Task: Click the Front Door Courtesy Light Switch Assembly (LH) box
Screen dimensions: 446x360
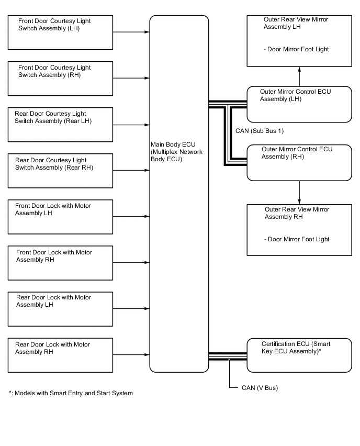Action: tap(60, 32)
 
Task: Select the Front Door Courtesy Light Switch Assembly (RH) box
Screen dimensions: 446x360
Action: tap(60, 79)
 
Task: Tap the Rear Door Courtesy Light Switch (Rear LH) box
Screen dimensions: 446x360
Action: tap(60, 125)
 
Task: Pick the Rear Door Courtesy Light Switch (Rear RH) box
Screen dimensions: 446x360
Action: tap(60, 171)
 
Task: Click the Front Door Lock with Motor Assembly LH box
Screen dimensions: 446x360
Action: tap(60, 217)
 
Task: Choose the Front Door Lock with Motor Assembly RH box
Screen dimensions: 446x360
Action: tap(60, 263)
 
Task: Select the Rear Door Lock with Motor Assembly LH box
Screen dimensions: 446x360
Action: tap(60, 309)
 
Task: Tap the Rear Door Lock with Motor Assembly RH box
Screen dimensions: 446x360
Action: tap(60, 355)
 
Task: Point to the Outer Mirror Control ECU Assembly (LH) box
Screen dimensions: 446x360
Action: tap(299, 104)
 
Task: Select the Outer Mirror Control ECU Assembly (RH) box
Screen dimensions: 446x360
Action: tap(299, 163)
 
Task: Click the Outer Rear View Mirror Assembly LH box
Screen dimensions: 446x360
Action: tap(299, 41)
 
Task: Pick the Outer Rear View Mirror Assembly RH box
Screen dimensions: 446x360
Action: tap(299, 230)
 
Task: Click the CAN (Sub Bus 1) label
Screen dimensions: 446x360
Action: tap(260, 131)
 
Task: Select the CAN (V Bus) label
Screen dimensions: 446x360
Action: tap(260, 388)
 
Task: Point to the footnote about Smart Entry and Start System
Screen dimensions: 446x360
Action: tap(71, 393)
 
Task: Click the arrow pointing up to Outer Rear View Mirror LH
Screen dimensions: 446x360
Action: tap(299, 76)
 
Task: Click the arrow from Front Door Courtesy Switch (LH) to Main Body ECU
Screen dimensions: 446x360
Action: tap(131, 32)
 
